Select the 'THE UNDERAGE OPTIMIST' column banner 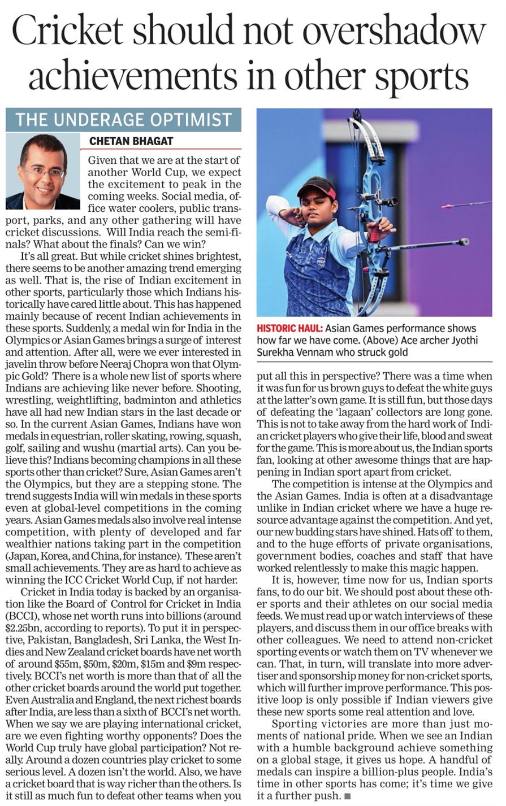[123, 120]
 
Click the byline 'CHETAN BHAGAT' [131, 141]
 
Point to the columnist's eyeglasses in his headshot [44, 171]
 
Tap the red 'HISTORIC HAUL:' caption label [290, 328]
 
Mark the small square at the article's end [348, 796]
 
